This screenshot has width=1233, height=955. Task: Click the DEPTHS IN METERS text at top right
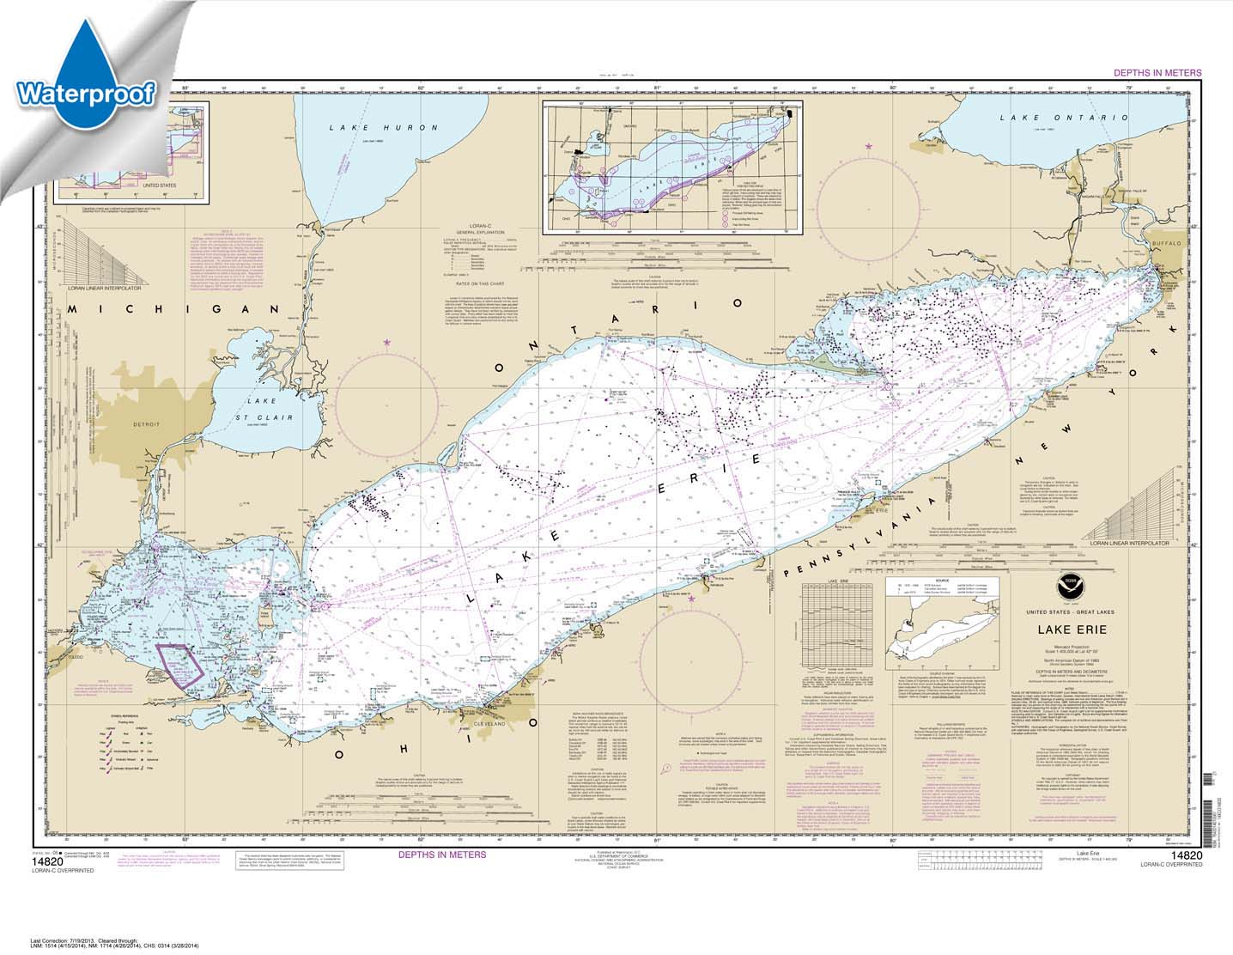(1157, 73)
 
